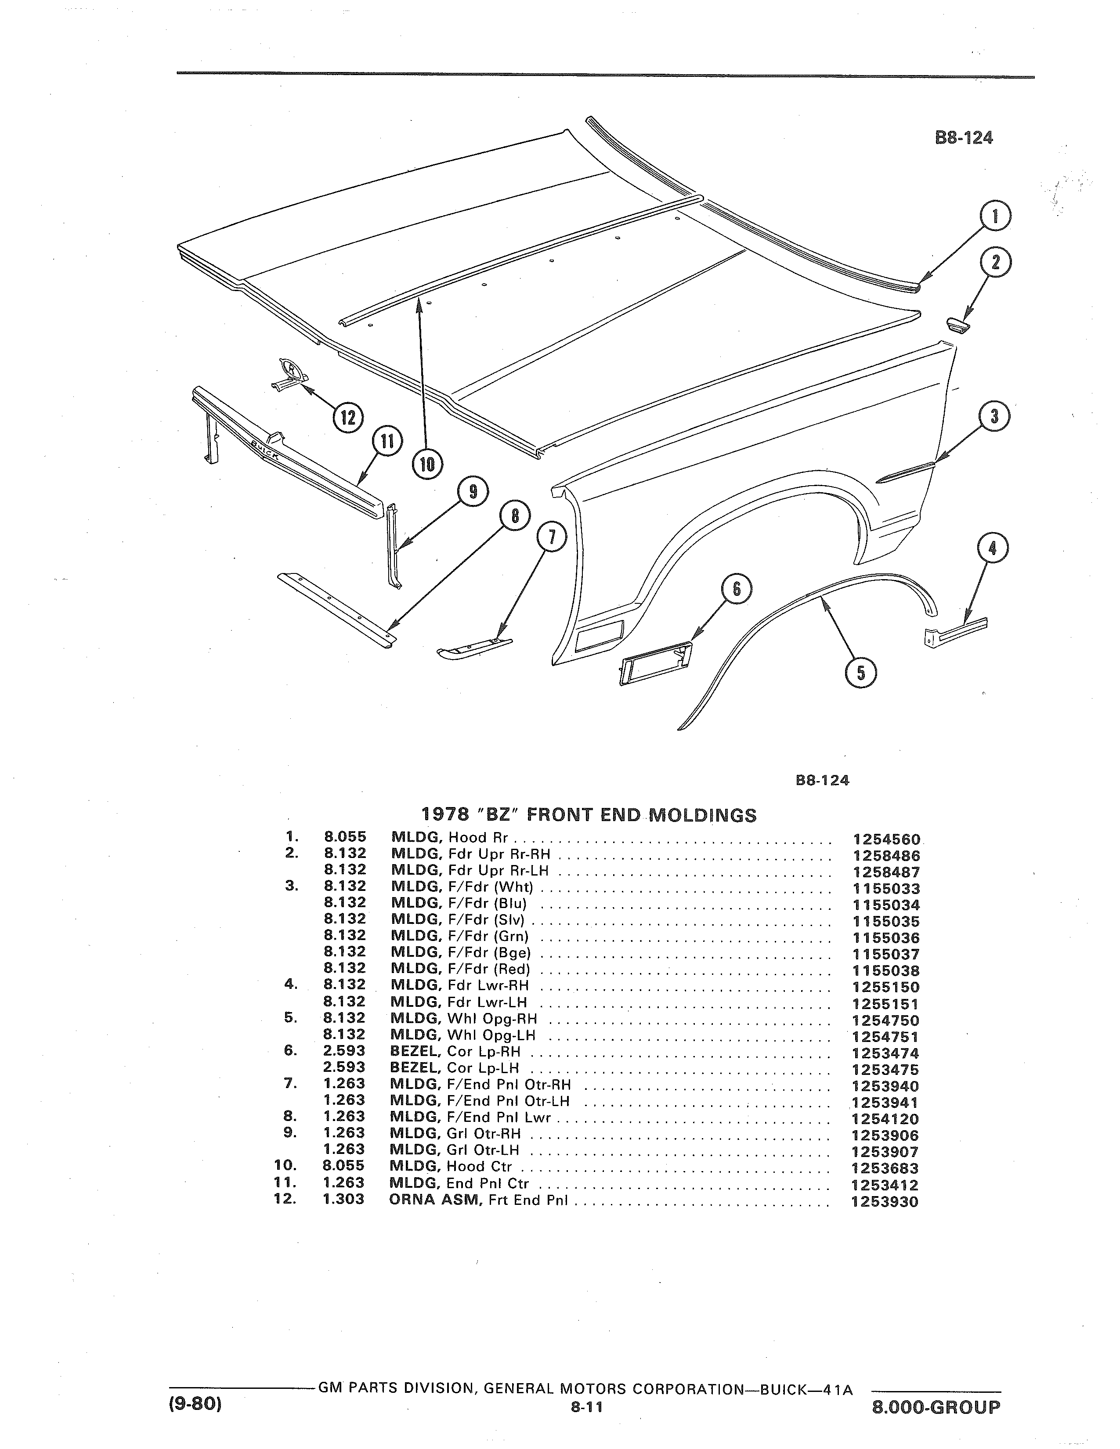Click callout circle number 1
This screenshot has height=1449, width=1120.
pyautogui.click(x=995, y=217)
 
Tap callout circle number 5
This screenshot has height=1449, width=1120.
pyautogui.click(x=860, y=673)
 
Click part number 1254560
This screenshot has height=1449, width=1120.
pyautogui.click(x=886, y=839)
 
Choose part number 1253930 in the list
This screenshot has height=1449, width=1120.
pyautogui.click(x=885, y=1201)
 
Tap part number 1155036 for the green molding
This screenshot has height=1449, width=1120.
pyautogui.click(x=886, y=937)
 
